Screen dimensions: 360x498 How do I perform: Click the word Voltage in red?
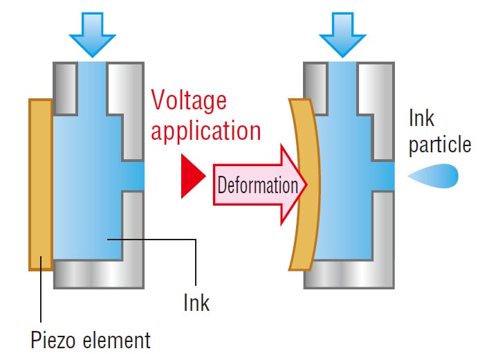[x=189, y=102]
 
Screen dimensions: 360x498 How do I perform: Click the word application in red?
[x=206, y=130]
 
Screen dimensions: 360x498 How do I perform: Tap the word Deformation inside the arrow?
[x=257, y=185]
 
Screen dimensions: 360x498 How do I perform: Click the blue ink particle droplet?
[x=436, y=177]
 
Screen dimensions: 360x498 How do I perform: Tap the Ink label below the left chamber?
[x=196, y=303]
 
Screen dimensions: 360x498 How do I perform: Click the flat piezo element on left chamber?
[x=41, y=184]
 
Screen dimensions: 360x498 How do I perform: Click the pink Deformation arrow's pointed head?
[x=294, y=185]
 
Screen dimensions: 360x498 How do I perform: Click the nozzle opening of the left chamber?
[x=134, y=177]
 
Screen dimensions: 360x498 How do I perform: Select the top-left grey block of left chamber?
[x=66, y=87]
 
